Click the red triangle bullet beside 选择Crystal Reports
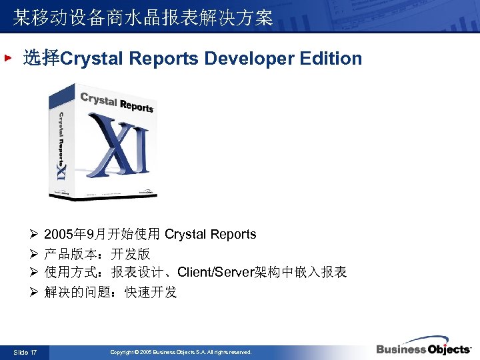pos(8,59)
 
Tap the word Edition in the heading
pos(331,59)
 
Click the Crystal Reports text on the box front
pos(117,103)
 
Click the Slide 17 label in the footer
pos(25,351)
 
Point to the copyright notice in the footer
pos(181,351)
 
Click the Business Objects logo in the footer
pos(423,348)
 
